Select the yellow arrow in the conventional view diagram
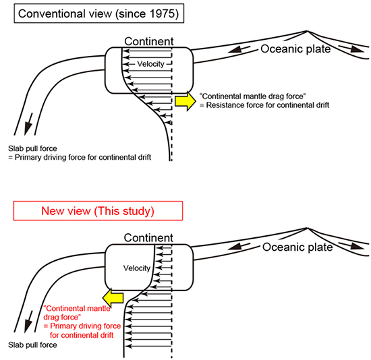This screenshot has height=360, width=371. pos(185,101)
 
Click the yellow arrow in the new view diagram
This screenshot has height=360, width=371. pos(113,297)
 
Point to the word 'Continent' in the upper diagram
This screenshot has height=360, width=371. pos(149,41)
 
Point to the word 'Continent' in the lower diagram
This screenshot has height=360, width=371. pos(148,238)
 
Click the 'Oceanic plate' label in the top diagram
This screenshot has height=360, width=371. pos(295,49)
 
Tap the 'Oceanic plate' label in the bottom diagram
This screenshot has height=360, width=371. pos(297,247)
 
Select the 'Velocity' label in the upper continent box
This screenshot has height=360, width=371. pos(150,64)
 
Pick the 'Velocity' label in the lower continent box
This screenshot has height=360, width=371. pos(137,268)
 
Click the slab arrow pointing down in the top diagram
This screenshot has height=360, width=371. pos(28,124)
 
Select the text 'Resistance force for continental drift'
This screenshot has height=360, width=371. pos(268,105)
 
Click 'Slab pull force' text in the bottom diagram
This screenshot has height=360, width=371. pos(32,345)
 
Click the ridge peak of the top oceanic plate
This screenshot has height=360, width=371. pos(307,31)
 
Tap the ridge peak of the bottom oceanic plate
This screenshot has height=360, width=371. pos(308,229)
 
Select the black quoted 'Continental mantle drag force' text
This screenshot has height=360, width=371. pos(253,96)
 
